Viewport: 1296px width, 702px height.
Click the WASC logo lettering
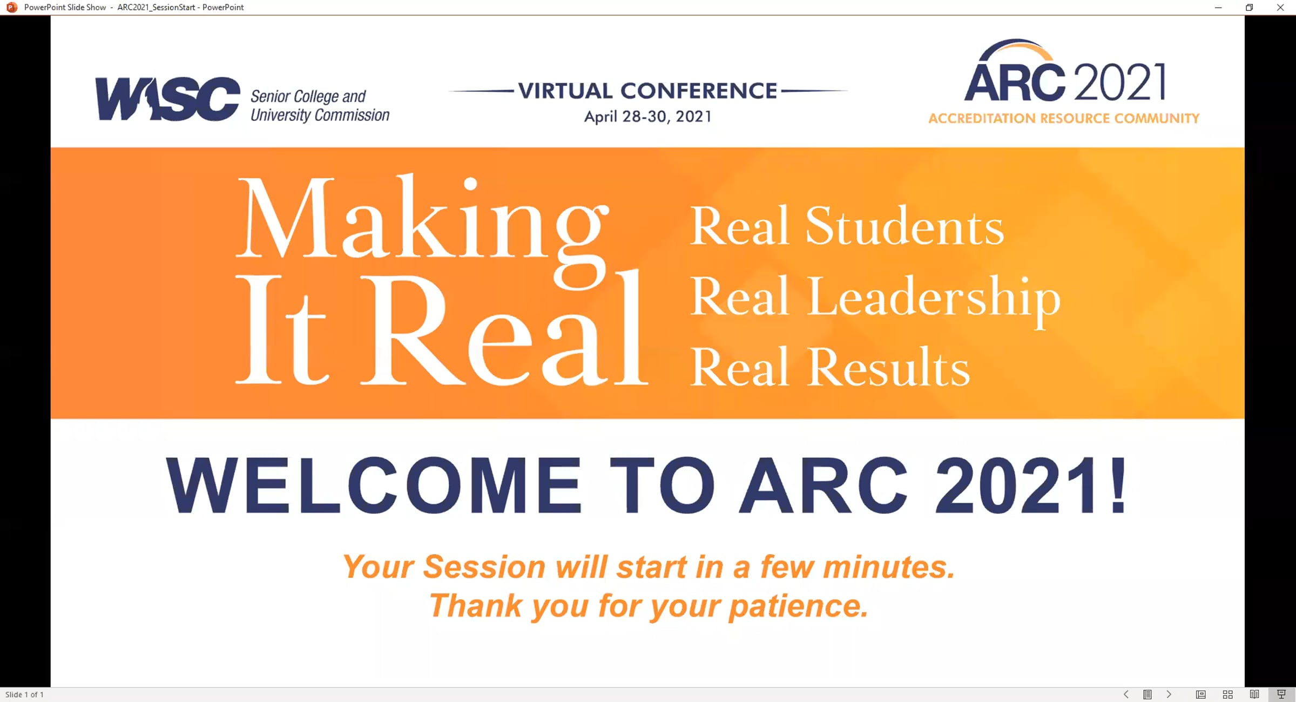167,99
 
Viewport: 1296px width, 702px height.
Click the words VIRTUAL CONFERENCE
647,91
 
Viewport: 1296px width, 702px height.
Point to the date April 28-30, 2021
648,117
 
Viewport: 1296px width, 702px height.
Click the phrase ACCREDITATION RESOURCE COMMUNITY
1064,118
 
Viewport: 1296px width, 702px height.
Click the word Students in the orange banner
905,225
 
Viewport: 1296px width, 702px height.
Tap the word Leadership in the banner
934,298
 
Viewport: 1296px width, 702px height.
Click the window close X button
1280,8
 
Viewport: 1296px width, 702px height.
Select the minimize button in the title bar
1218,8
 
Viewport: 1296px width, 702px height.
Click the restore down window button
1249,8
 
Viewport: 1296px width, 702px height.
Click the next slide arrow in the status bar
1169,694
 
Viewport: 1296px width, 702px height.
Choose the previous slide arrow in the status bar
1126,694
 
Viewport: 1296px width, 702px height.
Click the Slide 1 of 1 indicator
24,694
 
